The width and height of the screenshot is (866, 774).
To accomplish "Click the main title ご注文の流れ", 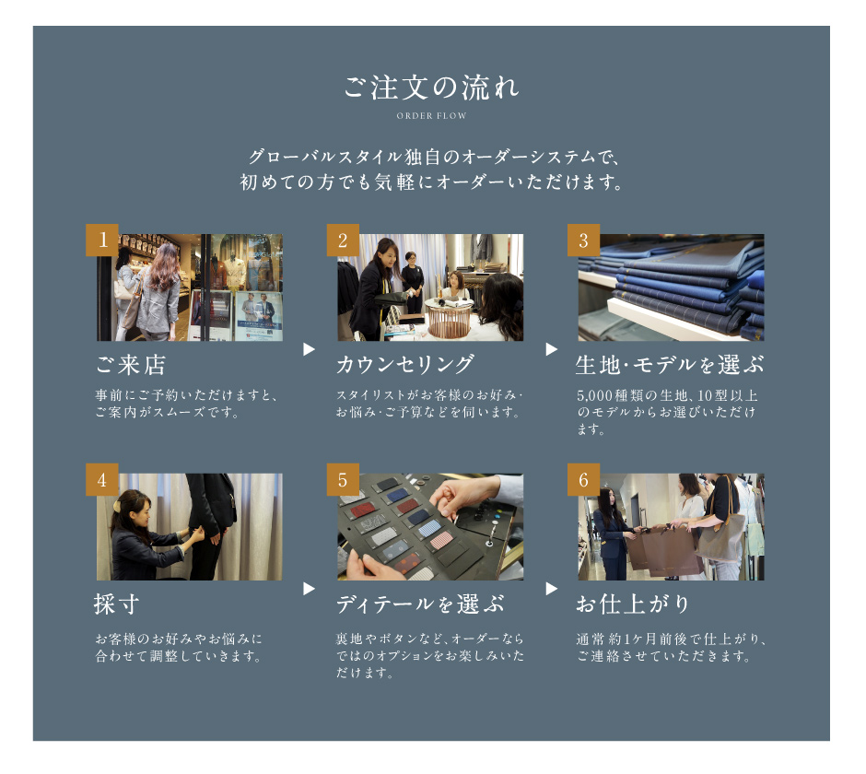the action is (x=431, y=88).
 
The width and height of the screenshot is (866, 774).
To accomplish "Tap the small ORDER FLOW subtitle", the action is (x=431, y=116).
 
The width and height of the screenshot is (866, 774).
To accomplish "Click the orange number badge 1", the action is (x=102, y=240).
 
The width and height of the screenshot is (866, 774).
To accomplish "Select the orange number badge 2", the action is (x=343, y=240).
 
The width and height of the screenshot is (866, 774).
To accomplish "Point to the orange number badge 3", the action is (x=584, y=240).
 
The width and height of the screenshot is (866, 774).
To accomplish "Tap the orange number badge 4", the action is (x=102, y=479).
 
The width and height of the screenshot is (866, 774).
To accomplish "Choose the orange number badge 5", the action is (x=343, y=479).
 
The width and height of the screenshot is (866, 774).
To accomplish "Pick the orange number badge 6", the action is (x=584, y=479).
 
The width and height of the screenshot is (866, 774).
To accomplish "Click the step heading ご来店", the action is (x=131, y=365).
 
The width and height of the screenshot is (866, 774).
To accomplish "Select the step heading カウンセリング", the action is (x=405, y=365).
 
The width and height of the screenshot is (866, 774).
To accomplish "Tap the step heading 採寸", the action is (x=116, y=604).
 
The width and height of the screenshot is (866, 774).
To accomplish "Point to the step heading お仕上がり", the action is (x=633, y=604).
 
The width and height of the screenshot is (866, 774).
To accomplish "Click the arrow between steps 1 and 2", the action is (x=310, y=349).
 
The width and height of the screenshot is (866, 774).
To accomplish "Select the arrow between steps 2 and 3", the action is (x=551, y=349).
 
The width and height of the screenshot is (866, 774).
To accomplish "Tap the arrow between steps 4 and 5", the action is (x=310, y=589).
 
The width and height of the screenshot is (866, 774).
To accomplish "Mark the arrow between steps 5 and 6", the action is (x=551, y=589).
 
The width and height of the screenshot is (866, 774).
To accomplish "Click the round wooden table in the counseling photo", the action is (x=449, y=318).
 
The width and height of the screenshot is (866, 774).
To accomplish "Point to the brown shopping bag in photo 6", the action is (x=663, y=550).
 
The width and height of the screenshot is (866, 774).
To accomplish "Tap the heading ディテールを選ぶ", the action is (x=420, y=604).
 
